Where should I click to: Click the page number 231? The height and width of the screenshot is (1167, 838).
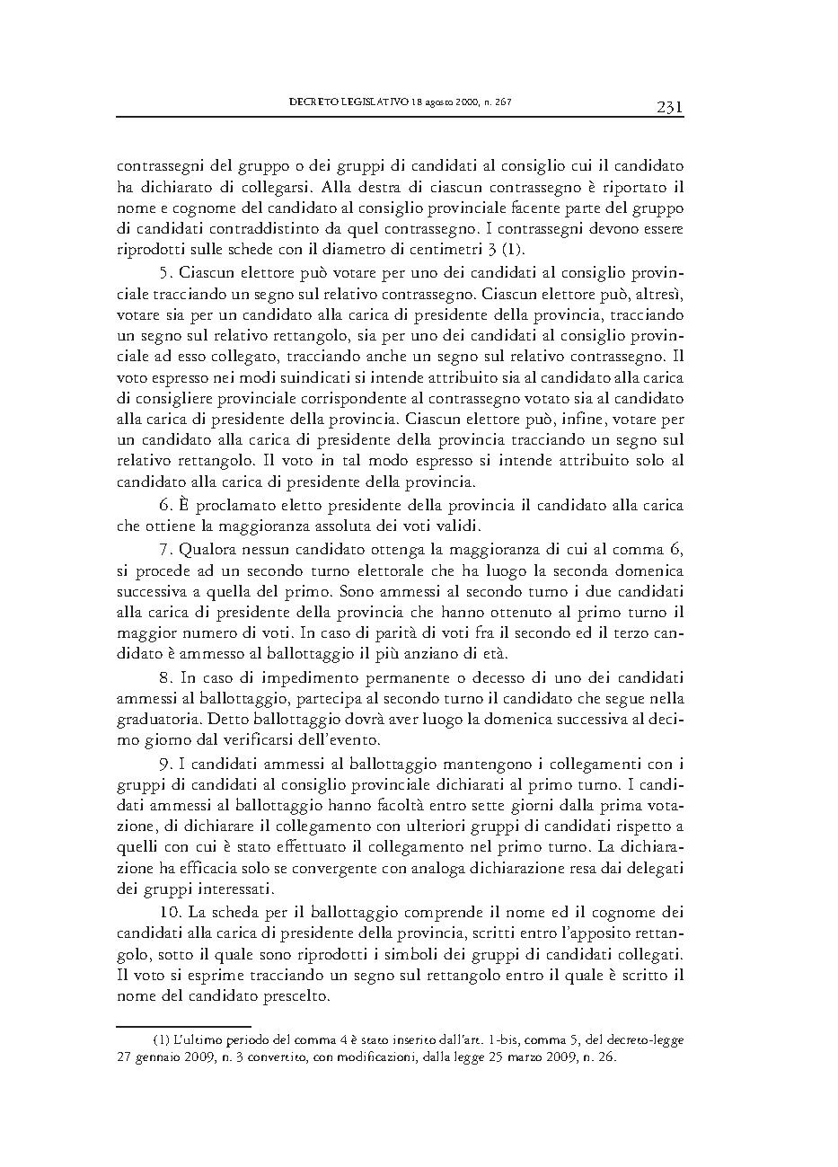(670, 108)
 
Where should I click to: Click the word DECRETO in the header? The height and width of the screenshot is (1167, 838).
(314, 102)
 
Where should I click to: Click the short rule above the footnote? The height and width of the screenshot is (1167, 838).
(183, 1024)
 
